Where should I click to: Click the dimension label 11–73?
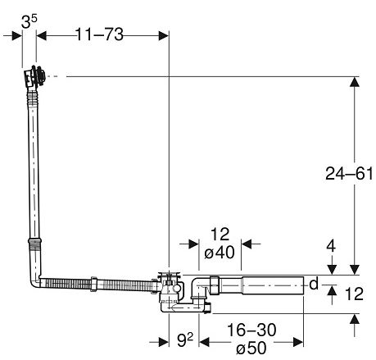tap(99, 34)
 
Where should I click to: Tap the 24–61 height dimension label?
tap(349, 173)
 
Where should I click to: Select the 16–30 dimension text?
tap(251, 330)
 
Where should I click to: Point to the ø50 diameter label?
tap(251, 348)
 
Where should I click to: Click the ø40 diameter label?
tap(220, 252)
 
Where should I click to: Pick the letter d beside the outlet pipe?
tap(314, 284)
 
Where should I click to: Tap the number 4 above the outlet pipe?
tap(331, 246)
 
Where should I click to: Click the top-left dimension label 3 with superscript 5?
tap(29, 21)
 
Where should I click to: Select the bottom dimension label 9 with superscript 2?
tap(185, 339)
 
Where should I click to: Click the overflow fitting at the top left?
tap(34, 76)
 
